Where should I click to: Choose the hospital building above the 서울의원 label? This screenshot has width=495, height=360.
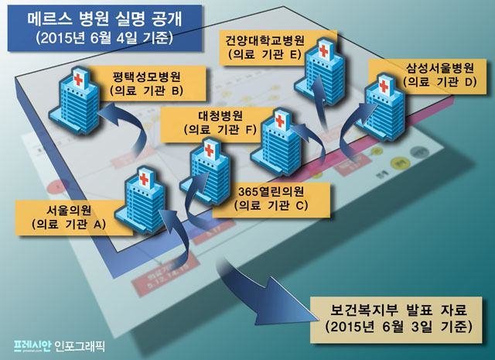point(136,200)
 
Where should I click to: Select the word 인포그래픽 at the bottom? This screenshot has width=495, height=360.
point(80,341)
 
